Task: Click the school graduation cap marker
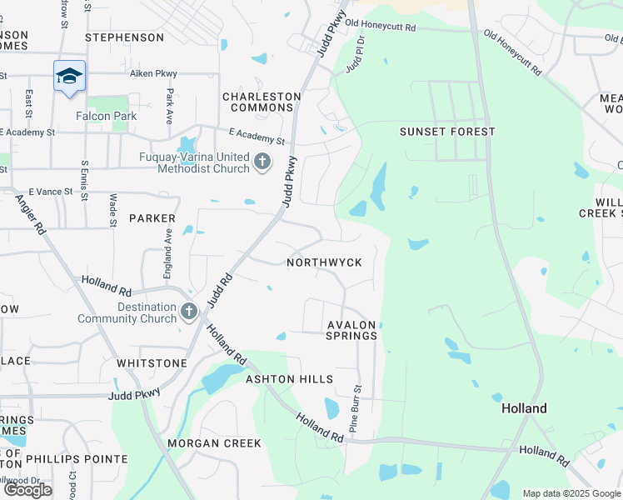pyautogui.click(x=70, y=77)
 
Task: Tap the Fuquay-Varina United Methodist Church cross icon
pyautogui.click(x=262, y=161)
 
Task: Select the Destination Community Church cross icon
pyautogui.click(x=189, y=312)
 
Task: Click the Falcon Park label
pyautogui.click(x=106, y=116)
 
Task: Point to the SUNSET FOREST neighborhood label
pyautogui.click(x=447, y=132)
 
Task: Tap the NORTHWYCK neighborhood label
pyautogui.click(x=324, y=262)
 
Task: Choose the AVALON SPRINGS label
pyautogui.click(x=352, y=330)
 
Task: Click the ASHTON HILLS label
pyautogui.click(x=289, y=379)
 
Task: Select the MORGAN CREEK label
pyautogui.click(x=214, y=443)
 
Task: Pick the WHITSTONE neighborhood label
pyautogui.click(x=152, y=363)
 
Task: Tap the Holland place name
pyautogui.click(x=524, y=408)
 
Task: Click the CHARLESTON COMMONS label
pyautogui.click(x=262, y=102)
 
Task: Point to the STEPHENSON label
pyautogui.click(x=125, y=37)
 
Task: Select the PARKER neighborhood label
pyautogui.click(x=152, y=218)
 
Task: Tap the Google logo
pyautogui.click(x=27, y=490)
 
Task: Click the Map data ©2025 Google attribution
pyautogui.click(x=571, y=493)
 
